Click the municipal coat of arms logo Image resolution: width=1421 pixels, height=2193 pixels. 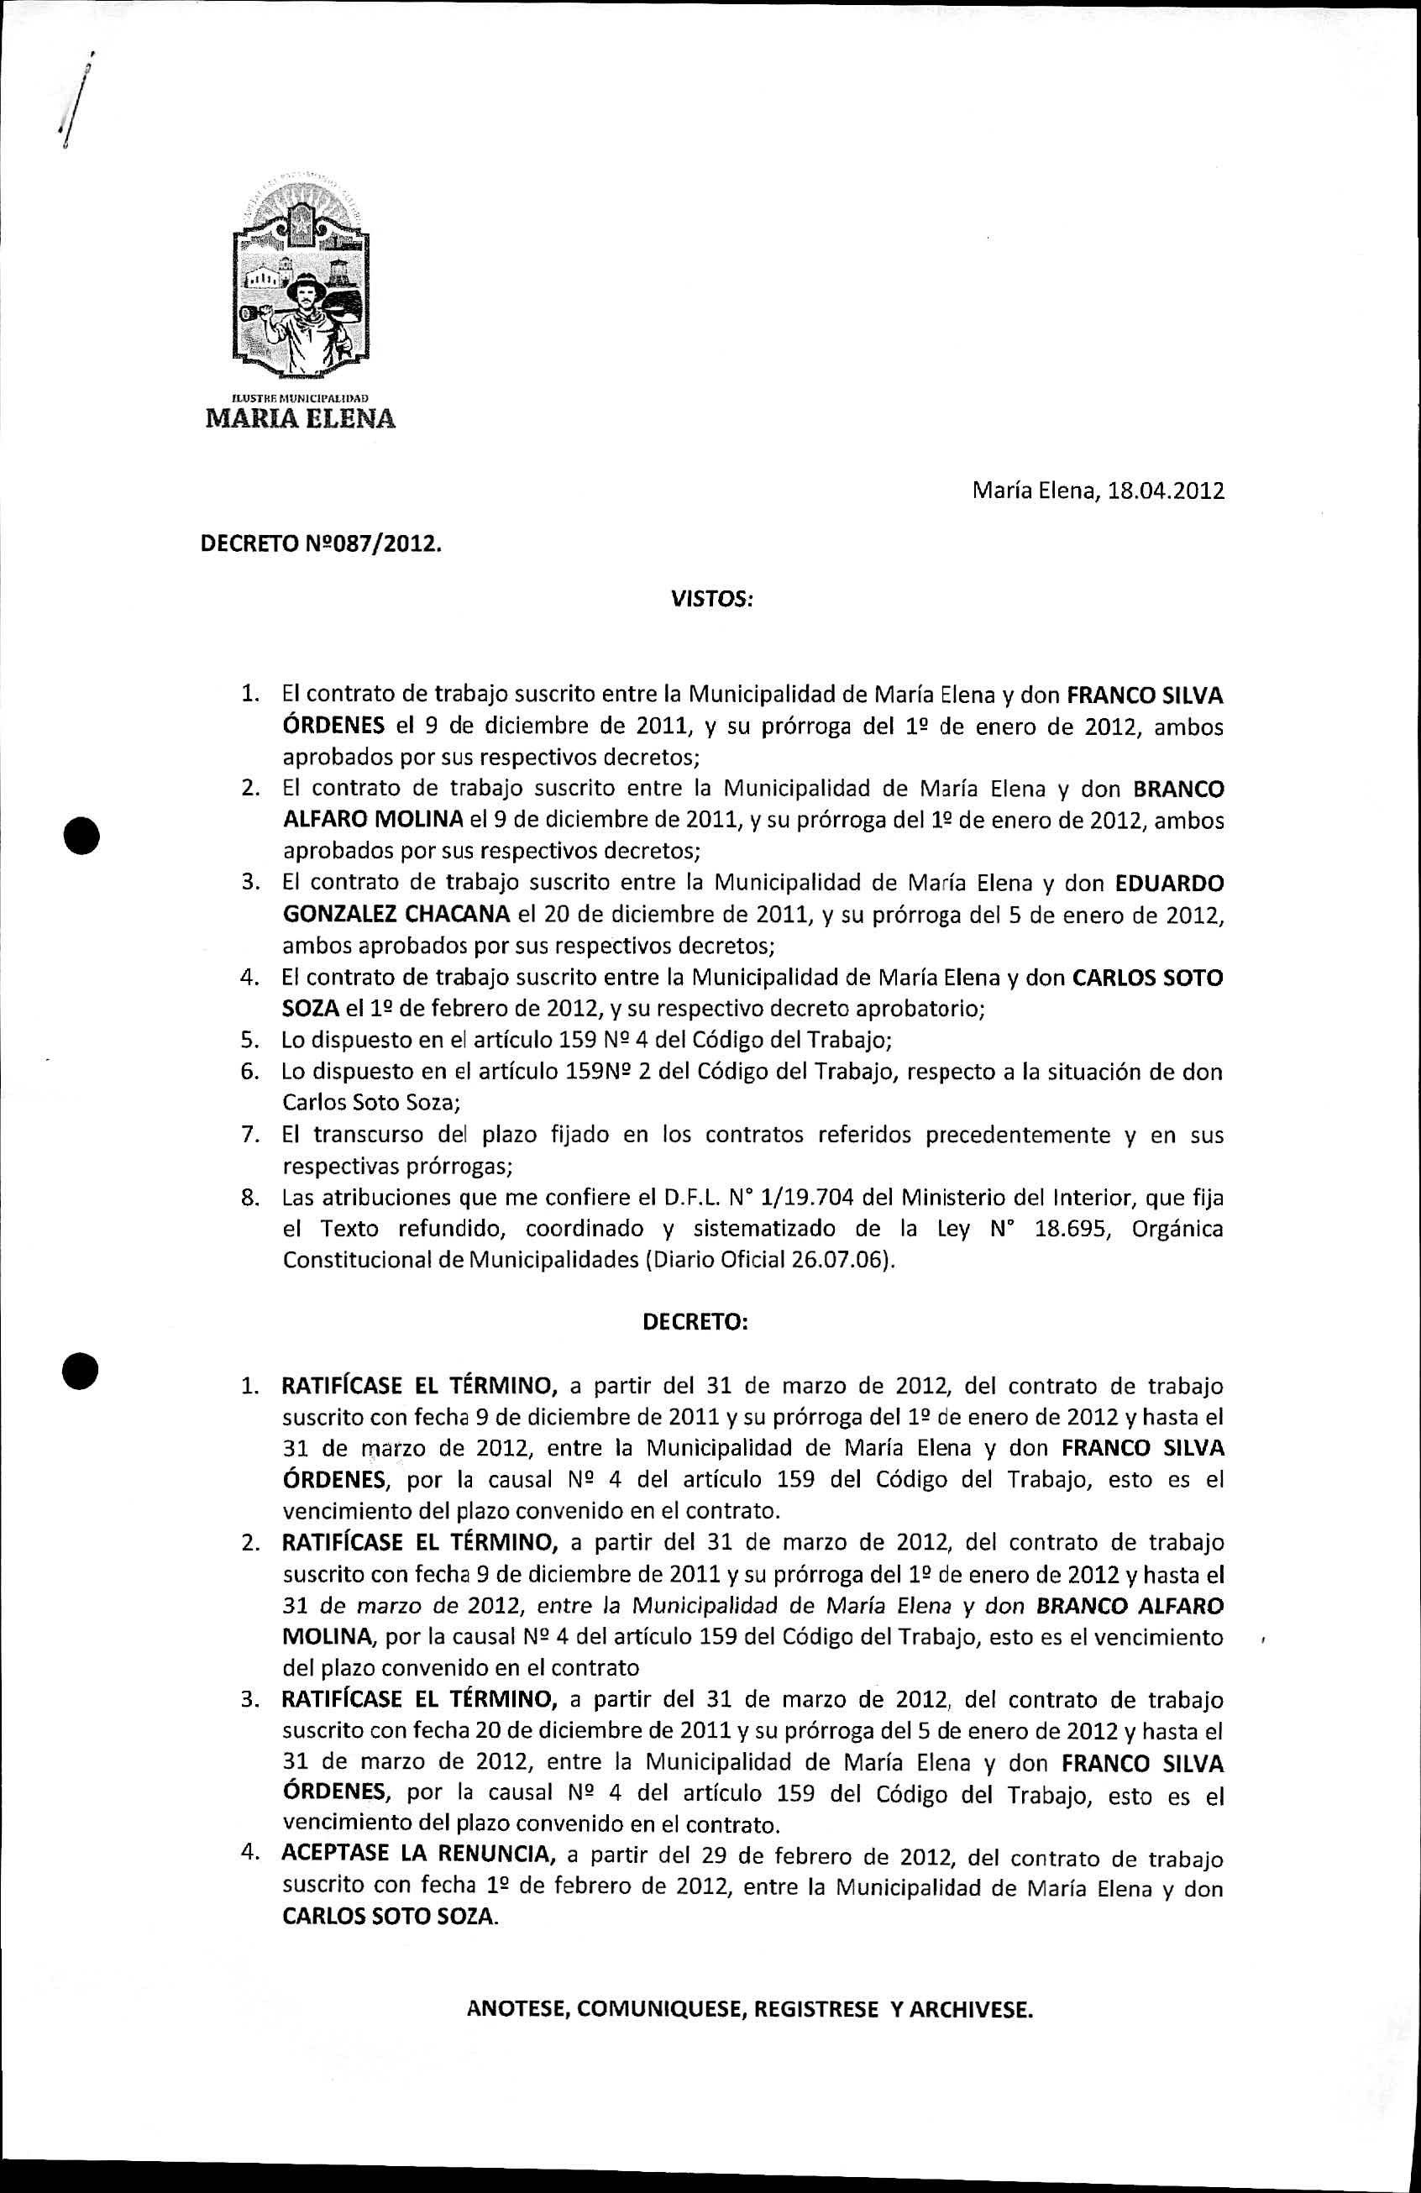point(301,276)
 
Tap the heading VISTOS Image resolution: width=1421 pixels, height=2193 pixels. point(710,600)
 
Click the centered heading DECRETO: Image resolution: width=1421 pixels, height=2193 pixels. point(695,1321)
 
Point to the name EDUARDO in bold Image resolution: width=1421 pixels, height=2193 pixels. point(1169,883)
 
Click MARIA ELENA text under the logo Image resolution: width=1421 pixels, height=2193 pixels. point(301,418)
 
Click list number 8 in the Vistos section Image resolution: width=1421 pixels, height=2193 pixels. point(248,1198)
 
